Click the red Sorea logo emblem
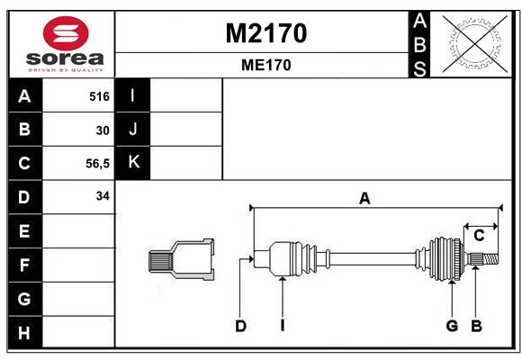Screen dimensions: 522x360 coord(66,33)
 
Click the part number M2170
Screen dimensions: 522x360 coord(266,33)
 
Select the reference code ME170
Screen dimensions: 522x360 coord(266,65)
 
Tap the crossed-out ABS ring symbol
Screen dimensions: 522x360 coord(475,44)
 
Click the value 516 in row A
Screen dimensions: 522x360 coord(99,96)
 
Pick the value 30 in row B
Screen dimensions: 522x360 coord(103,130)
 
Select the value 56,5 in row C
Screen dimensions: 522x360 coord(97,164)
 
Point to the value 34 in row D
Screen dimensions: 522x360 coord(103,196)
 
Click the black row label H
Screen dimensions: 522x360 coord(25,332)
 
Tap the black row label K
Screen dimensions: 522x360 coord(133,163)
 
